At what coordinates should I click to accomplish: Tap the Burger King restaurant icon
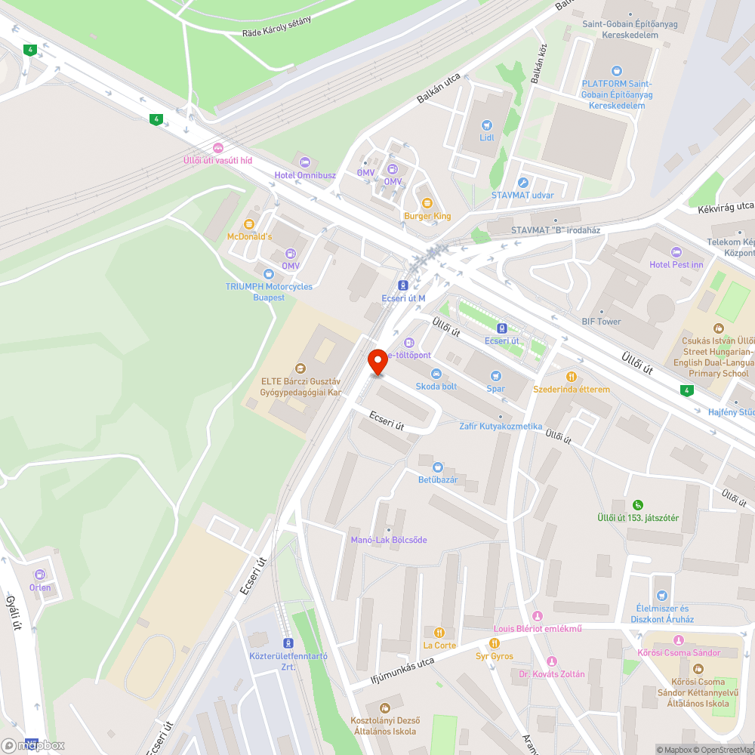(x=427, y=202)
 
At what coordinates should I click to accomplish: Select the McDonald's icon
(x=249, y=223)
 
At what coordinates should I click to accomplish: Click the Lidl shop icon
(x=487, y=125)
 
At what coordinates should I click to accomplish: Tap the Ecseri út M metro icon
(x=404, y=285)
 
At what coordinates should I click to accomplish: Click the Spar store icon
(x=495, y=375)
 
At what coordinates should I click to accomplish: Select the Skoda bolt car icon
(x=436, y=374)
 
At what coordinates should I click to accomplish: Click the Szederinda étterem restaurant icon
(x=572, y=376)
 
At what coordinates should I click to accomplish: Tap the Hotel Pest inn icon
(x=676, y=252)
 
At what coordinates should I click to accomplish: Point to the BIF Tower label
(x=601, y=322)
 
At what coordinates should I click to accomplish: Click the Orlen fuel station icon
(x=40, y=575)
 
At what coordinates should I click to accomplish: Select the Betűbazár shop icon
(x=438, y=467)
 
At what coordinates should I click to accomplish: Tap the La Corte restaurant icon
(x=439, y=633)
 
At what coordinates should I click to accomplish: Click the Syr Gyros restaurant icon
(x=495, y=643)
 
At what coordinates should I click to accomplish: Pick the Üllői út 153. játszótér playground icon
(x=638, y=504)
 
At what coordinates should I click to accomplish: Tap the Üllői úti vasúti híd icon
(x=218, y=147)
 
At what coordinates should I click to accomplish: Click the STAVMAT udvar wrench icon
(x=522, y=183)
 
